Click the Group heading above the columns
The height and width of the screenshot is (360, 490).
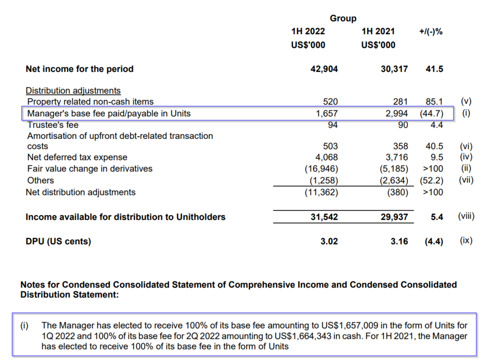tap(343, 19)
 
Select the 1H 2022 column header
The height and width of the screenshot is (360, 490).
tap(308, 32)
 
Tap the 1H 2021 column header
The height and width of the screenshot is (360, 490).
tap(378, 32)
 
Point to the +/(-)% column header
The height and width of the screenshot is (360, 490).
tap(431, 32)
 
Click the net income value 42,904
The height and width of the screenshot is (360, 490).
tap(324, 69)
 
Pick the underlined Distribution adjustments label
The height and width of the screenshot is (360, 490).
tap(73, 90)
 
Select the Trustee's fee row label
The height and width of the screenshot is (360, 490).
tap(53, 125)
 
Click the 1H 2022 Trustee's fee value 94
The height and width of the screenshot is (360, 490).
tap(333, 125)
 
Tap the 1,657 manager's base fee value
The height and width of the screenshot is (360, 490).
tap(327, 113)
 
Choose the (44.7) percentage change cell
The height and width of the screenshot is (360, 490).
tap(432, 113)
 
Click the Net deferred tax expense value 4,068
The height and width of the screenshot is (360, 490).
tap(327, 157)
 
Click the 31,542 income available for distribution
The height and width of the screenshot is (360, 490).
tap(324, 217)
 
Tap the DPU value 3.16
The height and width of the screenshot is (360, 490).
tap(399, 241)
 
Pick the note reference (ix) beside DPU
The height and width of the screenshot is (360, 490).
tap(466, 241)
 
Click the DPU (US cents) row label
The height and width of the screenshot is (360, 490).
tap(58, 242)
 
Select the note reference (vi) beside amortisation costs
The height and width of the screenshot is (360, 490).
tap(466, 147)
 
